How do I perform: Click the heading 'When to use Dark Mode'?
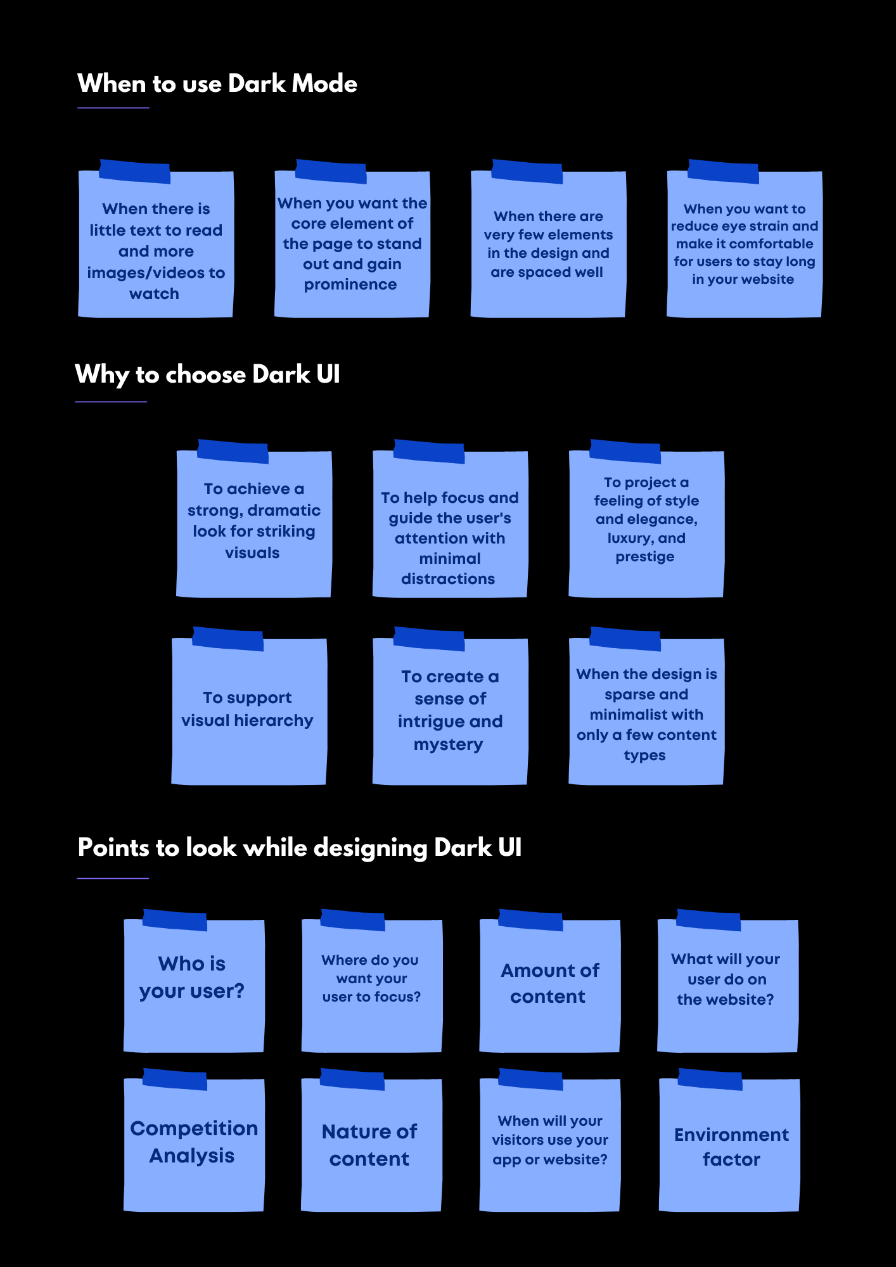[217, 84]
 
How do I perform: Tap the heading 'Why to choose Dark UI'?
[207, 374]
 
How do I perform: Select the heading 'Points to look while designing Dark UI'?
[299, 848]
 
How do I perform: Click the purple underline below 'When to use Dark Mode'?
[113, 108]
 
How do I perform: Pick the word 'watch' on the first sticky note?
[154, 294]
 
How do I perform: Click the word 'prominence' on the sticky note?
[350, 284]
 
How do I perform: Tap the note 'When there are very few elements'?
[547, 245]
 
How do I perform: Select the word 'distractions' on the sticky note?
[448, 579]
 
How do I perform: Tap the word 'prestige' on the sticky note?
[645, 557]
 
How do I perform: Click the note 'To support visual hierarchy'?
[248, 710]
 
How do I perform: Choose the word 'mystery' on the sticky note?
[448, 744]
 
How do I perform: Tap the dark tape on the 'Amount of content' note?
[530, 920]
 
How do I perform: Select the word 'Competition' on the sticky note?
[194, 1128]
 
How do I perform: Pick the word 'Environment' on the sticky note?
[731, 1135]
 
